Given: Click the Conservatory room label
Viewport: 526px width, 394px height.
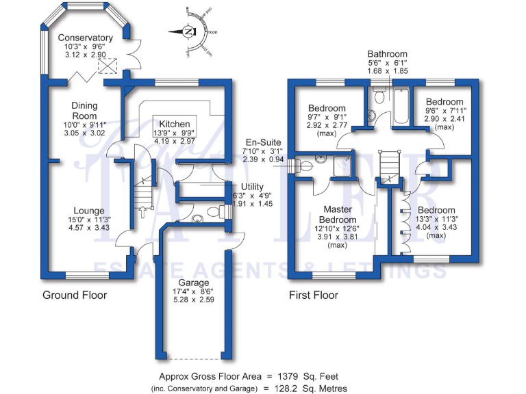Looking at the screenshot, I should (x=85, y=38).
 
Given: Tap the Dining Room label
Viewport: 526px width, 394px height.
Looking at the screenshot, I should (x=85, y=111).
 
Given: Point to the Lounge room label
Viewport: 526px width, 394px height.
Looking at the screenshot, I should (x=90, y=211).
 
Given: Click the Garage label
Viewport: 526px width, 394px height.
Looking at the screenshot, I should (x=194, y=283).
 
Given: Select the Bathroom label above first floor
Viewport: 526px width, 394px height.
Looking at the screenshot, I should (x=387, y=54).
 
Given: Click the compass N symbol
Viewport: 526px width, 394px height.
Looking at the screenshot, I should (x=188, y=31).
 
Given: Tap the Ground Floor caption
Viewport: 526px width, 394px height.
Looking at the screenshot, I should (x=75, y=295).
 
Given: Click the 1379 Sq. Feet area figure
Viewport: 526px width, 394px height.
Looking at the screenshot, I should (x=306, y=376).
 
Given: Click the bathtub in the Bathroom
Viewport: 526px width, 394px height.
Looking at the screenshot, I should (x=400, y=107).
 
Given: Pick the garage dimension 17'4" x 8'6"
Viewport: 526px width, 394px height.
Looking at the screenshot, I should (x=194, y=293).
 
